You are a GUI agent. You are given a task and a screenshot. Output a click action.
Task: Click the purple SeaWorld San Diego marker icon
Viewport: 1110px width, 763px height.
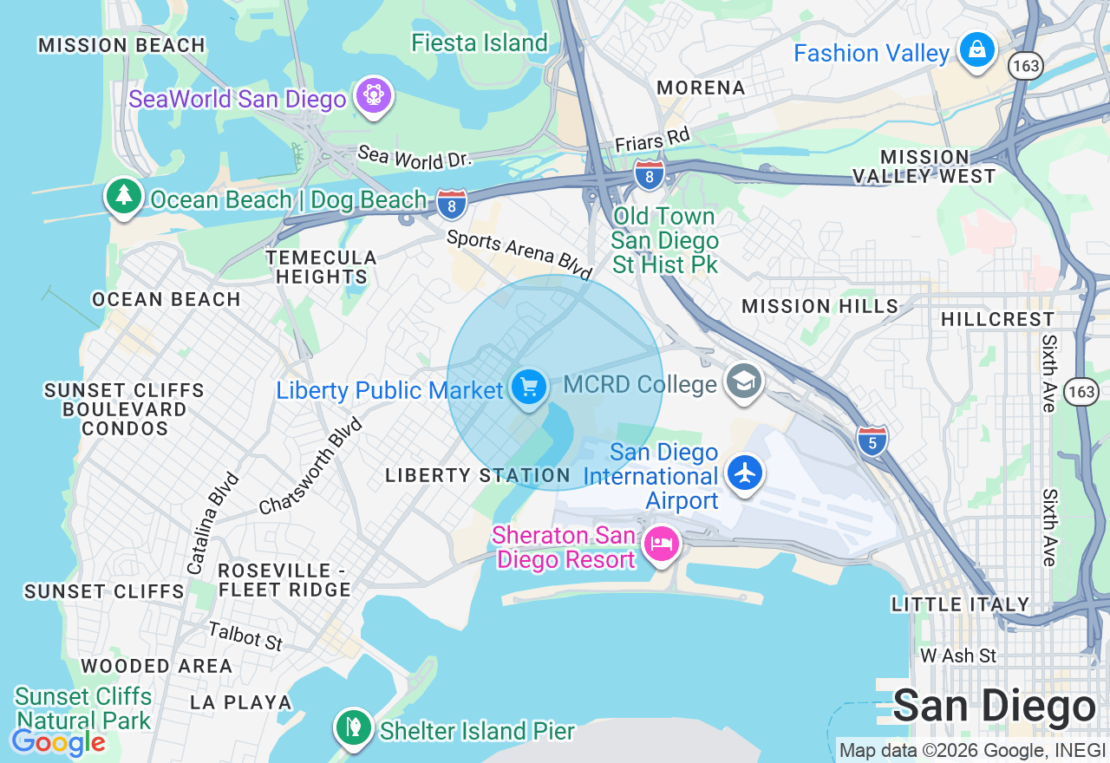tap(374, 94)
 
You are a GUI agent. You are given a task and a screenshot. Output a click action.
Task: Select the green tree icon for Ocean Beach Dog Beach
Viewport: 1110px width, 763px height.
tap(124, 195)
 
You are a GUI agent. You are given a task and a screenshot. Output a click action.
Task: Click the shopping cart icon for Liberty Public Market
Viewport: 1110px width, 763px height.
tap(528, 386)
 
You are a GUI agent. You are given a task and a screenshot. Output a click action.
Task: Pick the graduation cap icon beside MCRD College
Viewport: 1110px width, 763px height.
tap(743, 381)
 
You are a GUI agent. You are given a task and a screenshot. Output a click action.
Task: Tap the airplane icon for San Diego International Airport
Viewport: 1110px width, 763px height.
tap(744, 473)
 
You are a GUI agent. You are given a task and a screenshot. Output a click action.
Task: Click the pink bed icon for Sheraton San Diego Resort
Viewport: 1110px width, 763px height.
tap(663, 545)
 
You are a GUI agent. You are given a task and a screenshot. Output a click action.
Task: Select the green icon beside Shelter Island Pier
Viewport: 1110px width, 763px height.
tap(353, 727)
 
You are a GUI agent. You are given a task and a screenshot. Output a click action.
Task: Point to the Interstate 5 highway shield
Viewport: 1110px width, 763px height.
tap(872, 441)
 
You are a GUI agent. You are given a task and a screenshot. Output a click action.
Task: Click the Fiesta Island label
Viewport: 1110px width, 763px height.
tap(480, 42)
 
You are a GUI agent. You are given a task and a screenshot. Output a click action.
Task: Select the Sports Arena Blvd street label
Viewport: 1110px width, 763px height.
tap(519, 254)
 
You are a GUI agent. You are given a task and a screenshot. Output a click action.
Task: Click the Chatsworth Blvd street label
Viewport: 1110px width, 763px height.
tap(310, 466)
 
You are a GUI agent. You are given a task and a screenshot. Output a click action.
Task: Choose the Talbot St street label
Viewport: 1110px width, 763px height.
tap(245, 636)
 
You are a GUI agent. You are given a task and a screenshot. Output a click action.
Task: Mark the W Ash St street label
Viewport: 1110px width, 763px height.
tap(958, 655)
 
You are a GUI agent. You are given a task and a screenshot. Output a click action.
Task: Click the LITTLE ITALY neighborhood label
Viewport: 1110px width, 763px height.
tap(960, 604)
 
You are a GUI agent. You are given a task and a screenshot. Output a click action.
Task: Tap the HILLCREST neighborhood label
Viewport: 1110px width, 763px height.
tap(997, 319)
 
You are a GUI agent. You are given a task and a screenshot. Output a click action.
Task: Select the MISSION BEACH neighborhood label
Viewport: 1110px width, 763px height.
tap(121, 45)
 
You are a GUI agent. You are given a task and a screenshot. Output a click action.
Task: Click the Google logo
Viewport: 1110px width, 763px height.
tap(58, 743)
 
